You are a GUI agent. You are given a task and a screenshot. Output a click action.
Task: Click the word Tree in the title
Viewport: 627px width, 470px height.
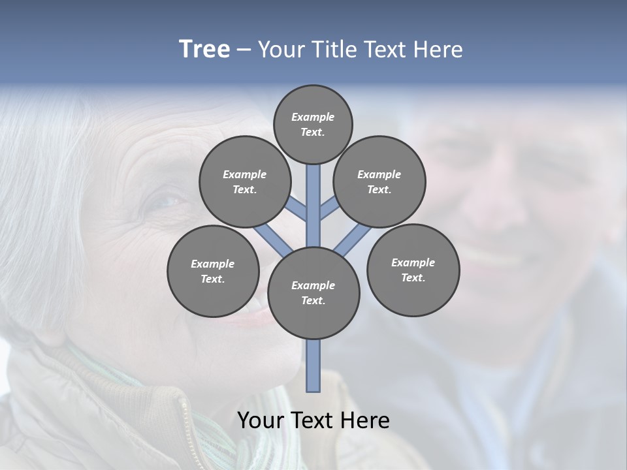click(x=204, y=49)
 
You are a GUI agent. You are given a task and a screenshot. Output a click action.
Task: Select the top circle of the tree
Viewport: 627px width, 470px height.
click(x=313, y=124)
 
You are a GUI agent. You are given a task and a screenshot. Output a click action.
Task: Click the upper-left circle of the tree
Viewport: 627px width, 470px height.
click(x=244, y=181)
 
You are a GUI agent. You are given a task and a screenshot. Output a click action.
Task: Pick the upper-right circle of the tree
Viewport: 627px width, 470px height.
click(x=379, y=181)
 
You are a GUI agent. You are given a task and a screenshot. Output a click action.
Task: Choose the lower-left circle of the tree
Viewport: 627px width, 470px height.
click(x=213, y=271)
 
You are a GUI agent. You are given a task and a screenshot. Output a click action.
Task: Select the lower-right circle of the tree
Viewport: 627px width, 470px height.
click(x=413, y=270)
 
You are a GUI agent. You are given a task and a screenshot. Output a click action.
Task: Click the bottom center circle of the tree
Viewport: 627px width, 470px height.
click(x=313, y=293)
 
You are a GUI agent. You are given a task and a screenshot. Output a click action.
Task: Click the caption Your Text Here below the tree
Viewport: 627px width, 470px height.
click(x=313, y=420)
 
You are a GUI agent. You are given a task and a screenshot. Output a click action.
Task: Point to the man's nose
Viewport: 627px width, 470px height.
click(x=503, y=209)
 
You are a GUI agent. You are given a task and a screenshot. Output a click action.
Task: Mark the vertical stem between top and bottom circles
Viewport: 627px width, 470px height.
click(x=313, y=206)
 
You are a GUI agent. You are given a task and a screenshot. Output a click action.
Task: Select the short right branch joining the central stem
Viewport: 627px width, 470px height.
click(x=329, y=209)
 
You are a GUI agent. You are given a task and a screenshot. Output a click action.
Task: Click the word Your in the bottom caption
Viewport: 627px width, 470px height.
click(x=261, y=420)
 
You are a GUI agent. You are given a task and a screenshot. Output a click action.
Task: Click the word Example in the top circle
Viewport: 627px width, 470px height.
click(x=313, y=117)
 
